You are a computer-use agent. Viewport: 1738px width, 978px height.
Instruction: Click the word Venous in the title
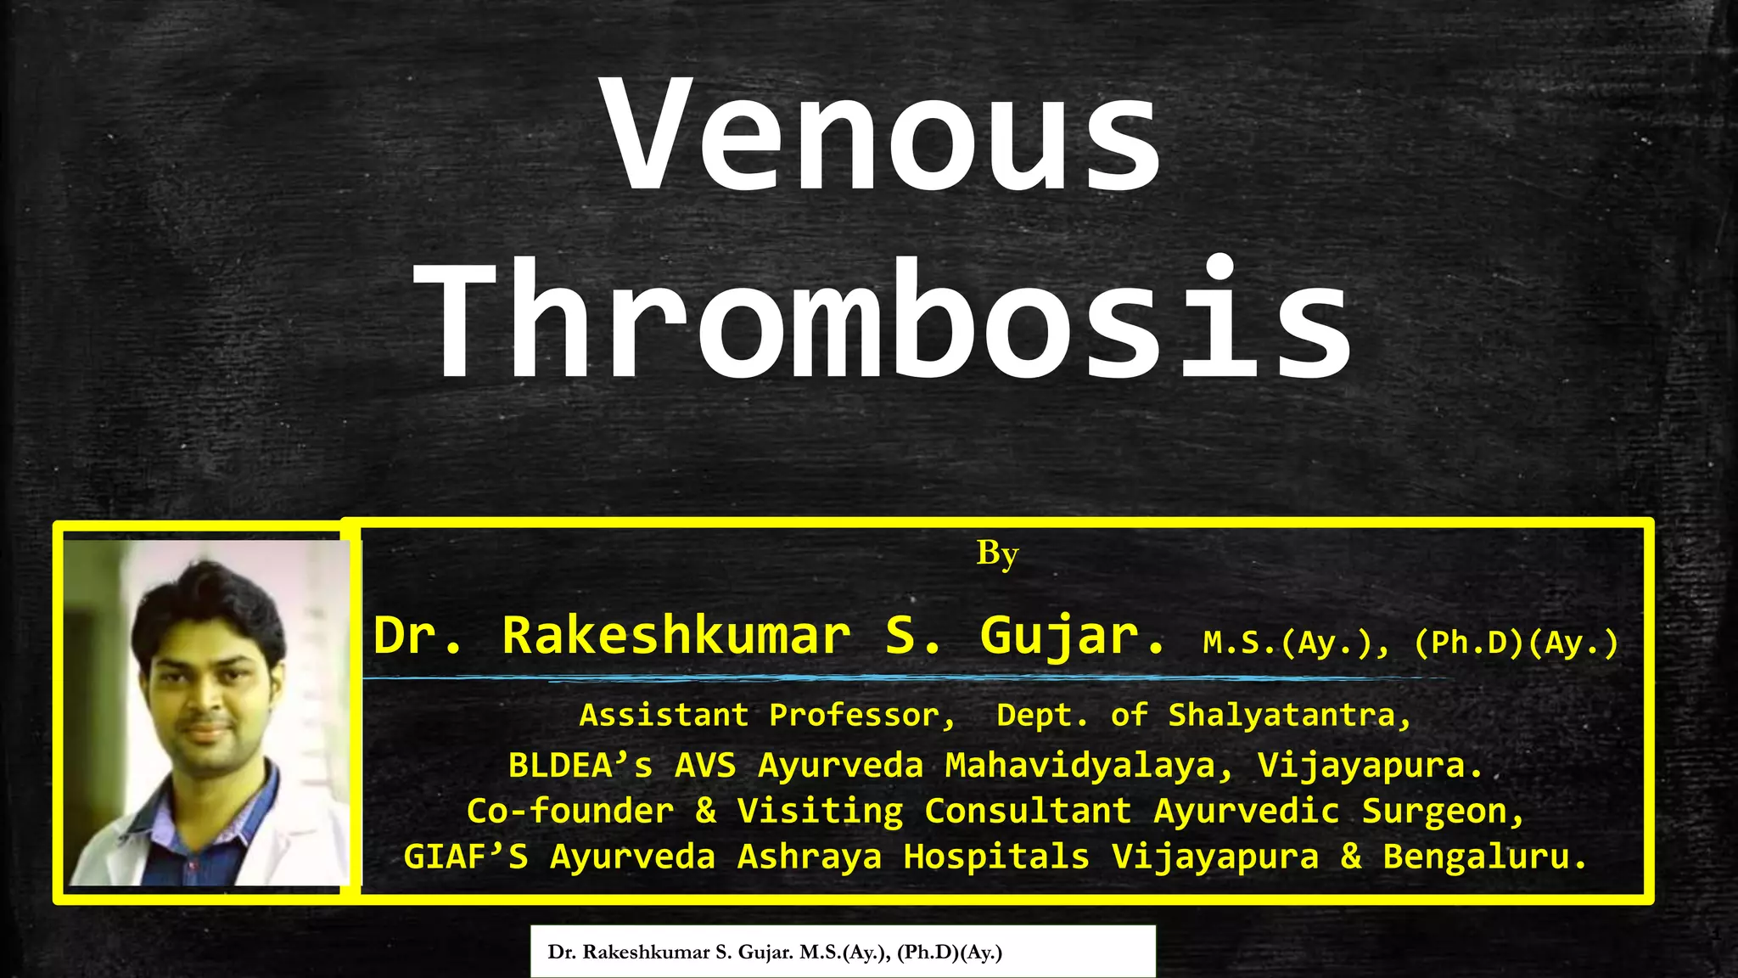[x=883, y=136]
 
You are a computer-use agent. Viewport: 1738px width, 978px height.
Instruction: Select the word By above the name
[x=997, y=554]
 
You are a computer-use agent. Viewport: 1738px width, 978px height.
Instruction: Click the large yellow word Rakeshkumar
[x=676, y=635]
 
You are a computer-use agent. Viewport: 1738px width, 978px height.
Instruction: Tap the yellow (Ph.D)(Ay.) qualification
[x=1517, y=643]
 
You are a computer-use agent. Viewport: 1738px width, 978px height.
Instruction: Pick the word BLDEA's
[x=580, y=766]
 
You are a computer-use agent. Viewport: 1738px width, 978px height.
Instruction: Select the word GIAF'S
[x=465, y=857]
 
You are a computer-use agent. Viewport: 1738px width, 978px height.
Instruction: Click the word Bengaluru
[x=1484, y=857]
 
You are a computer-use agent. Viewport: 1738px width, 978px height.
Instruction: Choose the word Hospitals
[x=996, y=857]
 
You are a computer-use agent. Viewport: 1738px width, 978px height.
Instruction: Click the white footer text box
[x=843, y=952]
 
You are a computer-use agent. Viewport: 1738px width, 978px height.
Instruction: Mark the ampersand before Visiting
[x=706, y=811]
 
